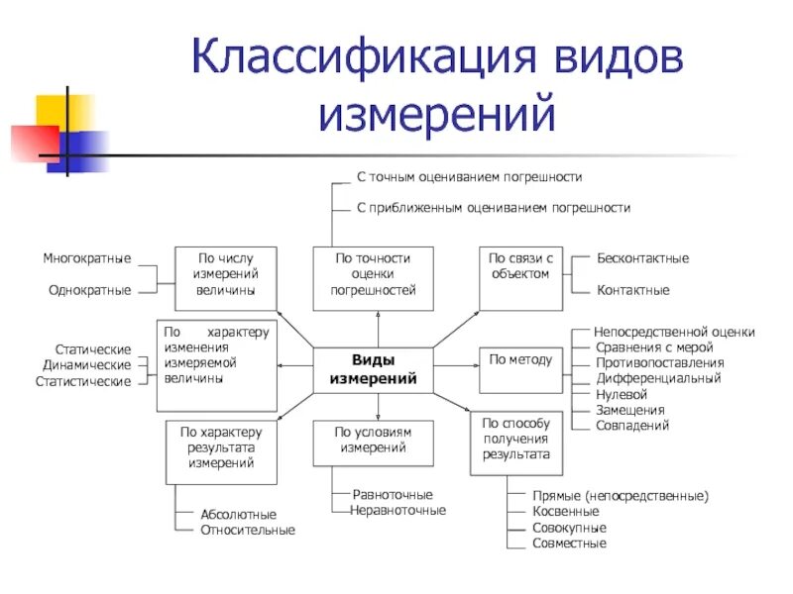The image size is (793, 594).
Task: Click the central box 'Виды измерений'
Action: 373,368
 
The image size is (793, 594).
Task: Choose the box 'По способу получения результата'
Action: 515,439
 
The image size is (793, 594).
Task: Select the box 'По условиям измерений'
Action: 373,442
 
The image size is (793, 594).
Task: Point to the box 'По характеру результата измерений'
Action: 221,451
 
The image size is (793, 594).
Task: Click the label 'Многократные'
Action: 87,258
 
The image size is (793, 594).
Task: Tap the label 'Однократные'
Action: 90,290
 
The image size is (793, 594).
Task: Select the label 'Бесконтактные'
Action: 642,258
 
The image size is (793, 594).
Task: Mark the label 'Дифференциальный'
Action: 658,378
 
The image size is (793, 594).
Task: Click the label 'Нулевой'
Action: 621,394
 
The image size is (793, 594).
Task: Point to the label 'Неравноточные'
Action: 398,510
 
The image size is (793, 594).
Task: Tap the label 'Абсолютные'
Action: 238,515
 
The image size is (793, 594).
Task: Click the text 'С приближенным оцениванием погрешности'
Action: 493,208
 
